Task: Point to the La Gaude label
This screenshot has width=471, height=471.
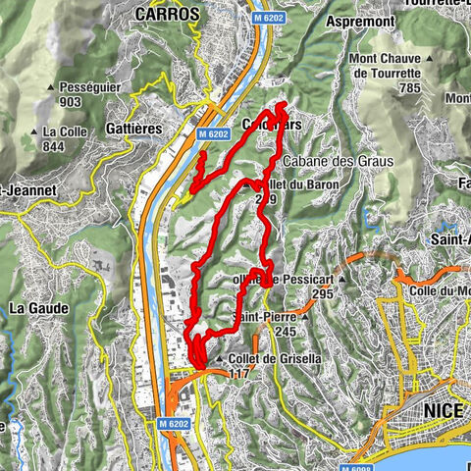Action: click(x=38, y=307)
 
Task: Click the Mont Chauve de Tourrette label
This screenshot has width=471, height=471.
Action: click(x=386, y=65)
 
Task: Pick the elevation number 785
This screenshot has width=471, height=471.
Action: click(x=386, y=86)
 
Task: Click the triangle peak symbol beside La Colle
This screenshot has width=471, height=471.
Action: click(x=34, y=131)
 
